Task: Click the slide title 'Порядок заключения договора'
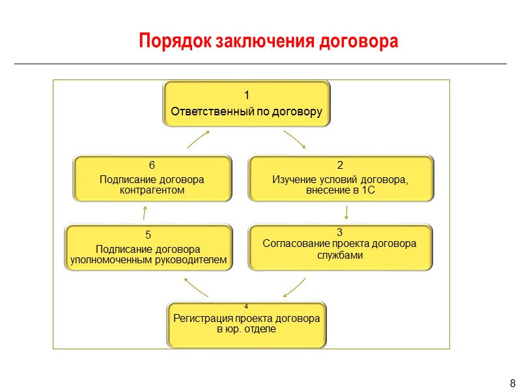click(268, 41)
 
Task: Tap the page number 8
click(512, 383)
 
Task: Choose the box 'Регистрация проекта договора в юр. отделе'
click(246, 325)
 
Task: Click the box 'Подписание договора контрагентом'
click(152, 177)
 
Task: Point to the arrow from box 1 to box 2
click(294, 139)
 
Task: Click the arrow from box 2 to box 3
click(346, 212)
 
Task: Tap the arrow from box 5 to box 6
click(145, 212)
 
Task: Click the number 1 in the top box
click(246, 98)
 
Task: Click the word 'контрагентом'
click(152, 191)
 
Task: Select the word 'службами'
click(339, 255)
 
